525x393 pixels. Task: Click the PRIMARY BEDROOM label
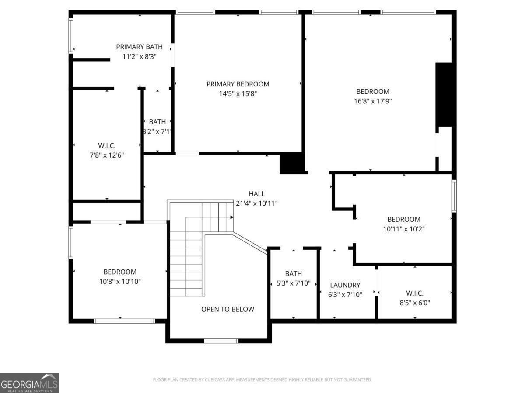tap(238, 84)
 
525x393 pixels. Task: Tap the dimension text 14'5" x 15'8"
tap(238, 93)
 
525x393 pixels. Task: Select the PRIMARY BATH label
tap(139, 47)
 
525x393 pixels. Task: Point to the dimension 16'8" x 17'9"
tap(372, 101)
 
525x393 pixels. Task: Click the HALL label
tap(256, 194)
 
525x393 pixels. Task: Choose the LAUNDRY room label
tap(345, 285)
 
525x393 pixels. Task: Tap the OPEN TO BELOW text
tap(227, 309)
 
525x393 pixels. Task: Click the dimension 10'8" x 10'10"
tap(120, 282)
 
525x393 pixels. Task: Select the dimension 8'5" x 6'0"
tap(414, 303)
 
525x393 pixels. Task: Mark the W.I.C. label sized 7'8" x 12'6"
tap(107, 145)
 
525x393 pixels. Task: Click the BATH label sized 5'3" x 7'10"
tap(293, 274)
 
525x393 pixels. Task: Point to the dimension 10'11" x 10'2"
tap(403, 229)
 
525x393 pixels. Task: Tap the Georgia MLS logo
tap(30, 383)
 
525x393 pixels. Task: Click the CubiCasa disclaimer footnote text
tap(262, 380)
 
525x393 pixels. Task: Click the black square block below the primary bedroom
tap(291, 163)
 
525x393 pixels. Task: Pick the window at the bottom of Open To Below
tap(221, 341)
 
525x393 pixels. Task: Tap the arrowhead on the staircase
tap(231, 217)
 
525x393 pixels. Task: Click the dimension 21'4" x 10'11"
tap(256, 203)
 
